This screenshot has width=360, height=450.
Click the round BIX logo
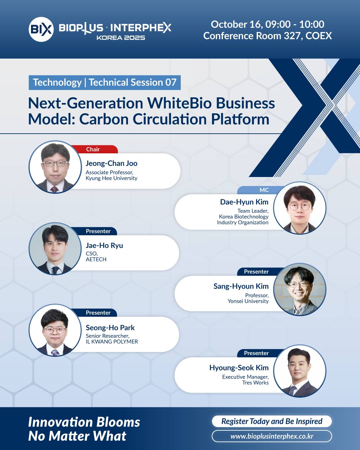click(x=41, y=29)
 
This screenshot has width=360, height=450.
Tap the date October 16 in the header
click(x=237, y=24)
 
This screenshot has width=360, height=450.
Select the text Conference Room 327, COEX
click(x=268, y=36)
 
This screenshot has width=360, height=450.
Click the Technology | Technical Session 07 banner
click(x=105, y=83)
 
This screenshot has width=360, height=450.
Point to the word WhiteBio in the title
click(x=179, y=103)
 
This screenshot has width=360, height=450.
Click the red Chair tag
click(x=94, y=149)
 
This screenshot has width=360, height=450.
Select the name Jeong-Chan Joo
click(x=111, y=163)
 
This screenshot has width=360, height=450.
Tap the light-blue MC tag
click(x=261, y=190)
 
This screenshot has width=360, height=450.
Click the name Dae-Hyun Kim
click(x=244, y=202)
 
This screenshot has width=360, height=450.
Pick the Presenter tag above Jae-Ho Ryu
click(x=94, y=231)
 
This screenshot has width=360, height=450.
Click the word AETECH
click(x=96, y=259)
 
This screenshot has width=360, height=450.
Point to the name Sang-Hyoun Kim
click(x=241, y=286)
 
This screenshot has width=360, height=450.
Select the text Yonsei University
click(x=248, y=301)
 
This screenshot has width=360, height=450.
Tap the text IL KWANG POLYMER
click(x=112, y=341)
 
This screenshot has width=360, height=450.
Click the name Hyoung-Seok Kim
click(x=239, y=368)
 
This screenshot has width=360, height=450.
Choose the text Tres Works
click(x=255, y=382)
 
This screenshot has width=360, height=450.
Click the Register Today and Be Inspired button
click(x=272, y=421)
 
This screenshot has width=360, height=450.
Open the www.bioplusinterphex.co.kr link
click(x=272, y=436)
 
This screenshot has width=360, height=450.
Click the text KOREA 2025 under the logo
click(x=121, y=38)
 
